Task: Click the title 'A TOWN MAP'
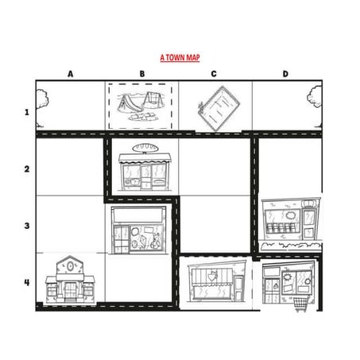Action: [x=180, y=58]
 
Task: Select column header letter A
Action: [x=70, y=74]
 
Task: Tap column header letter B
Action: [x=142, y=74]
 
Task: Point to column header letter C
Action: [x=214, y=74]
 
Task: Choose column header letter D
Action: [x=286, y=74]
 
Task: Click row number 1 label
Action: [x=26, y=111]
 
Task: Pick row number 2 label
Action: [x=26, y=168]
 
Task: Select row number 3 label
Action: [x=26, y=225]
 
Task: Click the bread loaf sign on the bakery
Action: [x=143, y=149]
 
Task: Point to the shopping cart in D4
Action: [x=300, y=303]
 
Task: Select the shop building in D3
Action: [x=288, y=223]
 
